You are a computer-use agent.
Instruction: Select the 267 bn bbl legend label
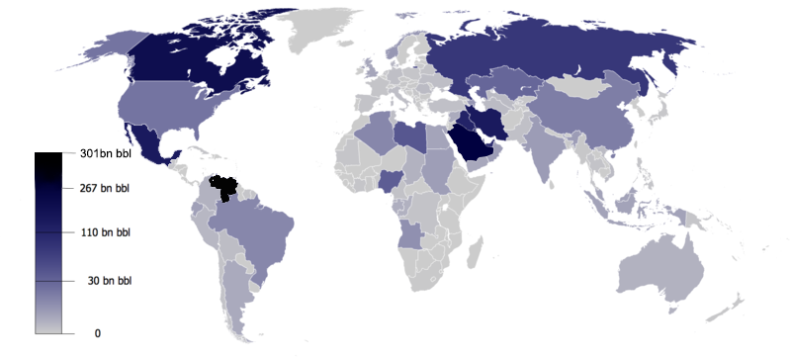(105, 187)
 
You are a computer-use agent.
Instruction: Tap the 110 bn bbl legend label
(105, 233)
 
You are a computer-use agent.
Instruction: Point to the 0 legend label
(98, 333)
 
